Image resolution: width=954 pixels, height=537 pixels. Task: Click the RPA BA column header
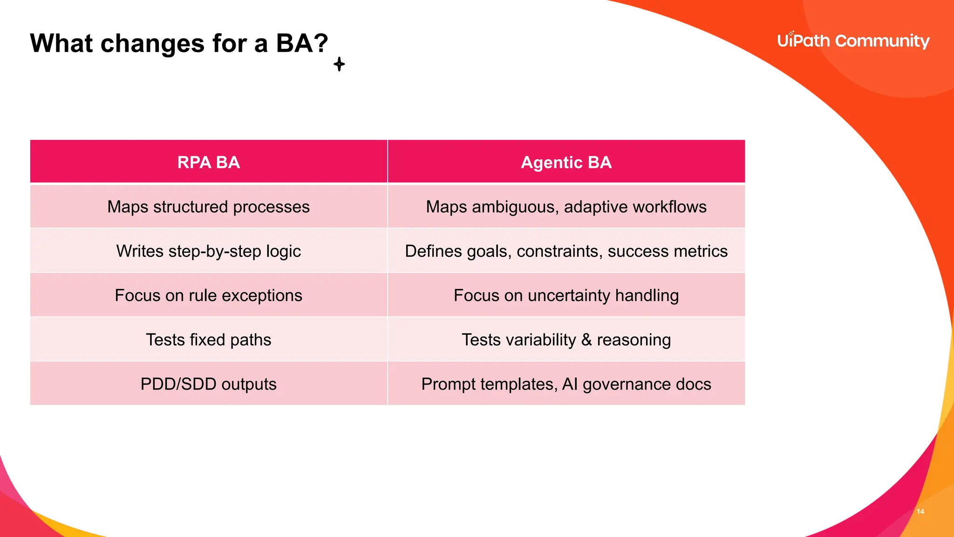208,162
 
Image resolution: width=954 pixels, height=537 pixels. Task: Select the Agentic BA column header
566,162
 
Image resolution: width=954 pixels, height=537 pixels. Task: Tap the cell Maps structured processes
208,207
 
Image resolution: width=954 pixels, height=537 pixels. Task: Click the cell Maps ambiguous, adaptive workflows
566,207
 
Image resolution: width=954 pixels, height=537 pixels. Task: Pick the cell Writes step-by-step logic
208,251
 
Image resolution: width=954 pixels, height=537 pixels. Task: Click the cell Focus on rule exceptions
208,296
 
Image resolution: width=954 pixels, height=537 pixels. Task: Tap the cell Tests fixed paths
208,340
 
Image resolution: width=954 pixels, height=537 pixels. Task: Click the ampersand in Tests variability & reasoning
586,340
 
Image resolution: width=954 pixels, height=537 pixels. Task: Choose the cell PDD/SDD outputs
208,384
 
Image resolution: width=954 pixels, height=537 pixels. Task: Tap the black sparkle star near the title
339,64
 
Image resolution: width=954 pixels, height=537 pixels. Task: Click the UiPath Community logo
853,41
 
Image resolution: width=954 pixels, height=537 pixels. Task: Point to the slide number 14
920,511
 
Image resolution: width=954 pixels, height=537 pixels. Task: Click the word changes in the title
152,43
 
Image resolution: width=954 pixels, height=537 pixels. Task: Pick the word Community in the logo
882,41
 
